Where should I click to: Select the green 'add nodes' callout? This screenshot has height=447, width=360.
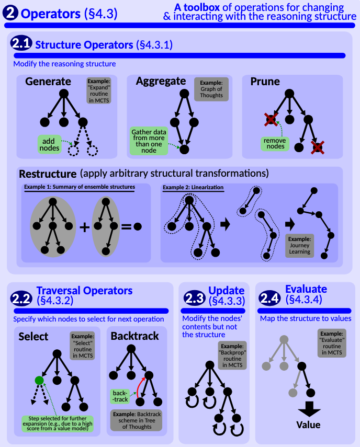pos(48,144)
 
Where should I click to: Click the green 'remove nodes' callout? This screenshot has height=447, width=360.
pos(274,143)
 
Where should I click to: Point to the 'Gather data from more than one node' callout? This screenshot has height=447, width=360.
pos(149,140)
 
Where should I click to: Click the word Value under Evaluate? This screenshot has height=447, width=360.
pos(308,425)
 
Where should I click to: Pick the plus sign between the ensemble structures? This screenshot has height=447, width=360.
pos(84,227)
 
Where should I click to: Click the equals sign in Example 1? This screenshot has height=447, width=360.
pos(126,227)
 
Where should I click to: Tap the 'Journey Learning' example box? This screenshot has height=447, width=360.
pos(300,245)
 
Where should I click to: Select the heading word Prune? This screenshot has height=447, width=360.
pos(265,82)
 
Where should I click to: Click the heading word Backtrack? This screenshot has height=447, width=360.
pos(134,336)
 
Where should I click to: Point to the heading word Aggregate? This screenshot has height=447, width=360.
pos(161,81)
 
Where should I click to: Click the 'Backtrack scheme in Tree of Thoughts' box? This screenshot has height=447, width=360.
pos(136,420)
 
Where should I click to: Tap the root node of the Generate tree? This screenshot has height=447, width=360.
pos(64,93)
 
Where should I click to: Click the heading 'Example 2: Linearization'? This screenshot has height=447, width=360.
pos(193,187)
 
